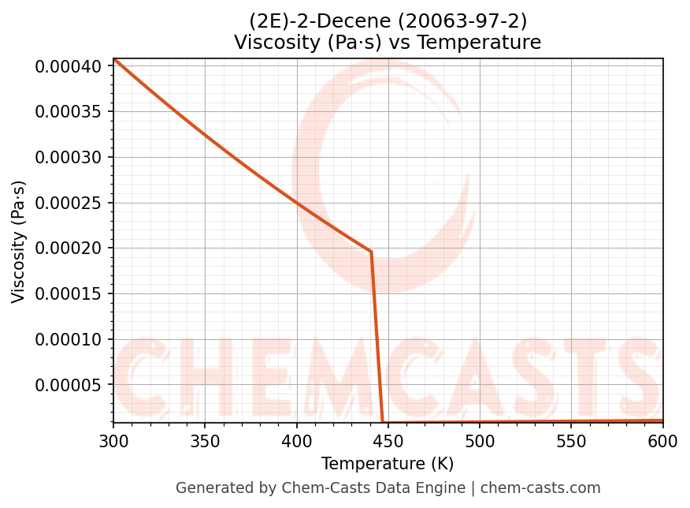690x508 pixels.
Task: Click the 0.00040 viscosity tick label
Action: (69, 66)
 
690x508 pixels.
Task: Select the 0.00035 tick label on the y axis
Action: (69, 111)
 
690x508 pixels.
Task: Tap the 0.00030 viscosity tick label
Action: (69, 157)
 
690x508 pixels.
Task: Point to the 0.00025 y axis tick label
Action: (69, 203)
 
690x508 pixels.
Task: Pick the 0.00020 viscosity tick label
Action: (69, 248)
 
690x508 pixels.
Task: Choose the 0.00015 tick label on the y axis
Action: (69, 294)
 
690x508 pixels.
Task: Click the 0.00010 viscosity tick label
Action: (69, 340)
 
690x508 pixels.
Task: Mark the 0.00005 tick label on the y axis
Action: (69, 385)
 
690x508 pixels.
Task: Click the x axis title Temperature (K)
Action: (388, 464)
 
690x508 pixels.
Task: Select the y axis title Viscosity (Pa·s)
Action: (19, 241)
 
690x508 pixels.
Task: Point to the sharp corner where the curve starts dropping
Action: (371, 252)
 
